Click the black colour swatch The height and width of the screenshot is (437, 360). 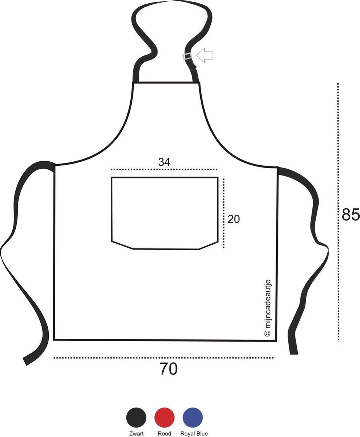pos(136,418)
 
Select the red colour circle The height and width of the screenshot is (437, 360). pos(165,418)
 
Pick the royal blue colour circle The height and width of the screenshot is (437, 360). pos(193,418)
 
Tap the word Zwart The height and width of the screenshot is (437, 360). pos(137,433)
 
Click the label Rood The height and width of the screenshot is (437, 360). pos(165,433)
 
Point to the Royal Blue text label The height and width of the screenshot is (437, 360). pos(194,433)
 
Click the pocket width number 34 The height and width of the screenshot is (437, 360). pos(164,162)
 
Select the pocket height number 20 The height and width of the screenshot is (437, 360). pos(233,219)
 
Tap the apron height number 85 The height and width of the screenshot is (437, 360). pos(351,214)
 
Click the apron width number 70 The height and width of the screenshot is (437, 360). pos(169,369)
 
